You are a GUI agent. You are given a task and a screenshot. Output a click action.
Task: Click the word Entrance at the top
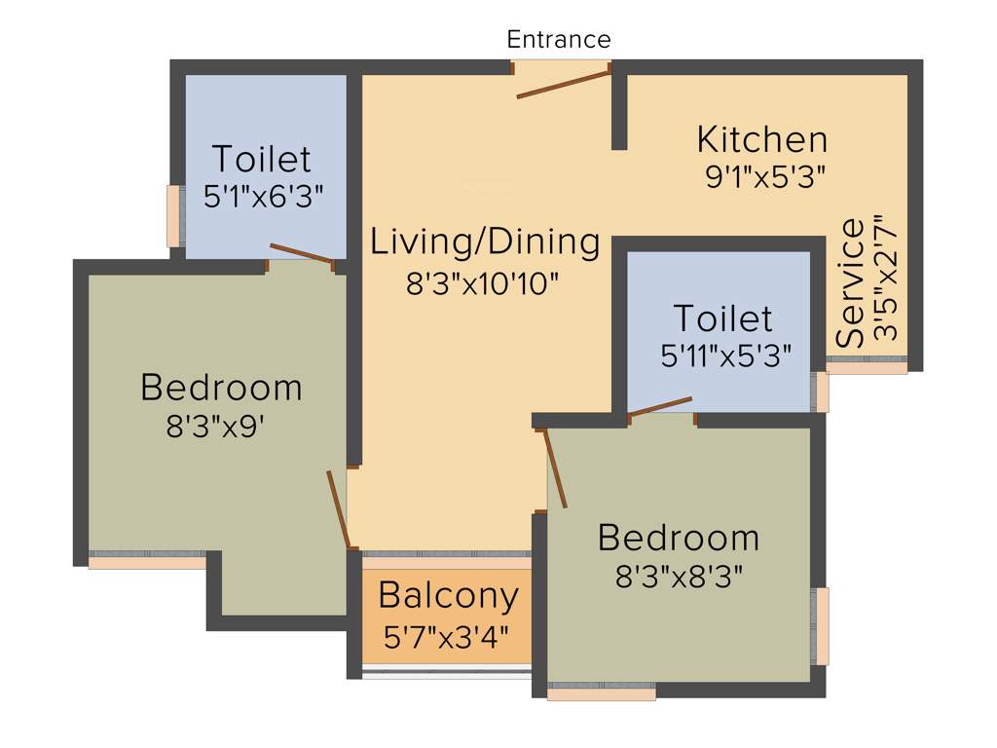click(x=559, y=40)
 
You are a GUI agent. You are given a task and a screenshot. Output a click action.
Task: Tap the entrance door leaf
click(x=563, y=84)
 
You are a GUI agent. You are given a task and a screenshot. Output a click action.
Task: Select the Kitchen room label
click(x=762, y=140)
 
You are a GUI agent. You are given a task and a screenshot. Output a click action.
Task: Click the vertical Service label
click(x=851, y=283)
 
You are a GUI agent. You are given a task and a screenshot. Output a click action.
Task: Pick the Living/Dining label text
click(x=485, y=243)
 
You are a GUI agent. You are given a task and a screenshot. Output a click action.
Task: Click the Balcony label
click(x=449, y=595)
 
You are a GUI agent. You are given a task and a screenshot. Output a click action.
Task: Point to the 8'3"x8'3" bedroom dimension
click(x=679, y=577)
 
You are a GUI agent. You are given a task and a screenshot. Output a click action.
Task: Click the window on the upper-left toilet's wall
click(x=173, y=215)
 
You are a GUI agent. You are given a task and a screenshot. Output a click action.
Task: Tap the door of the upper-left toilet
click(x=301, y=253)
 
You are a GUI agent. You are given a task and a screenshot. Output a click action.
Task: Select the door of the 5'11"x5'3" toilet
click(x=660, y=407)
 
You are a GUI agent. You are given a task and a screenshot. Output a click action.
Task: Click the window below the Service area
click(x=866, y=367)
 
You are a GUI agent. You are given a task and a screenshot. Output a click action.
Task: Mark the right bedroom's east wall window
click(x=822, y=626)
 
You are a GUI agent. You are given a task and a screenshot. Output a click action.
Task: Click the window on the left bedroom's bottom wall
click(x=147, y=561)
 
